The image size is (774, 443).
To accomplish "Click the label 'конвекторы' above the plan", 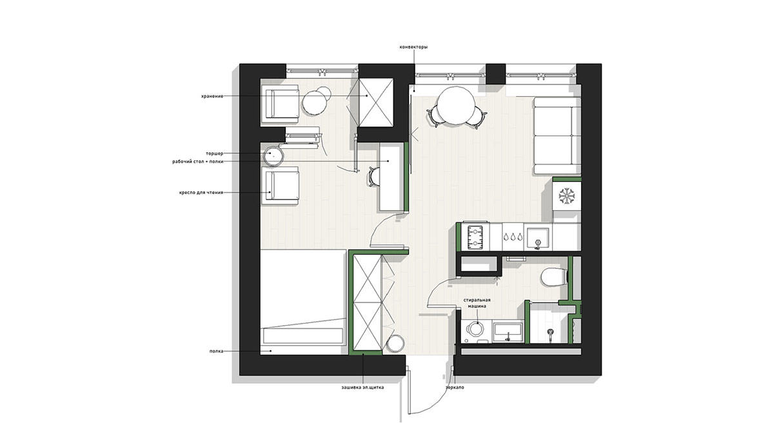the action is tap(413, 47).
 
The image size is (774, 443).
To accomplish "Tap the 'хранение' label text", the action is tap(212, 96).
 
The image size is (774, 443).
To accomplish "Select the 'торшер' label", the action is tap(215, 153).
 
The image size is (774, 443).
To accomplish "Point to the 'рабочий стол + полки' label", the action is tap(198, 161).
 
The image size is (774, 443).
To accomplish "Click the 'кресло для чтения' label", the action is tap(201, 192).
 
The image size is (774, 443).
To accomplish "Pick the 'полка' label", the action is tap(216, 351).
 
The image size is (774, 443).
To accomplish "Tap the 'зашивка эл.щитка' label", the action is tap(362, 388).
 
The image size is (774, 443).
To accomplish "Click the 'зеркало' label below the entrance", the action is tap(455, 388).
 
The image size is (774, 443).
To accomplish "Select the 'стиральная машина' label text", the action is tap(477, 303).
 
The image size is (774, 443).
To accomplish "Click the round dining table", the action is tap(456, 105).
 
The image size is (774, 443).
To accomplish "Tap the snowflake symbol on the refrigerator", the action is tap(567, 196).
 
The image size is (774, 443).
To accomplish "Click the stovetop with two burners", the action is tap(475, 237).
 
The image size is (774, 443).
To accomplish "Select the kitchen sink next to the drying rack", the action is tap(538, 238).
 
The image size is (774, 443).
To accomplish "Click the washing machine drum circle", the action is tap(475, 329).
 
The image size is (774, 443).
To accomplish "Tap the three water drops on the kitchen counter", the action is tap(513, 237).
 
